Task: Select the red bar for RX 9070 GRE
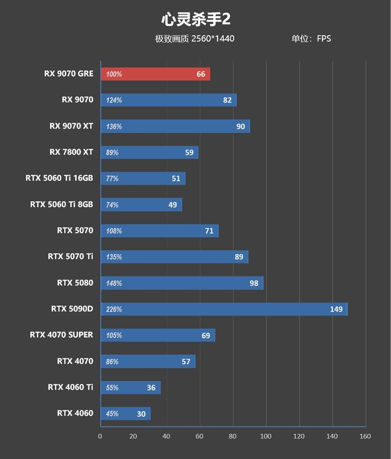[155, 74]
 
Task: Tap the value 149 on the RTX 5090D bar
[336, 309]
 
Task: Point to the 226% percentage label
[114, 309]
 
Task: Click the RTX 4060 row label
[75, 414]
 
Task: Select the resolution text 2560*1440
[213, 39]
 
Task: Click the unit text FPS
[324, 39]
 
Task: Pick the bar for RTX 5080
[182, 283]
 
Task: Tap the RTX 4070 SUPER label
[61, 335]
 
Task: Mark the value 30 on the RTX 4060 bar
[141, 414]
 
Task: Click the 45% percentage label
[112, 414]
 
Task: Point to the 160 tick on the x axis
[365, 436]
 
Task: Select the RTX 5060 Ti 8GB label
[61, 204]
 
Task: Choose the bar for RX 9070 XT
[175, 126]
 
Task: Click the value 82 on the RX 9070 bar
[227, 100]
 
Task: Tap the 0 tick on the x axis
[100, 436]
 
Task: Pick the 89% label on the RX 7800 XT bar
[112, 153]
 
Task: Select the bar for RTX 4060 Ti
[130, 388]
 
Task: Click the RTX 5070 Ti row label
[70, 257]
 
